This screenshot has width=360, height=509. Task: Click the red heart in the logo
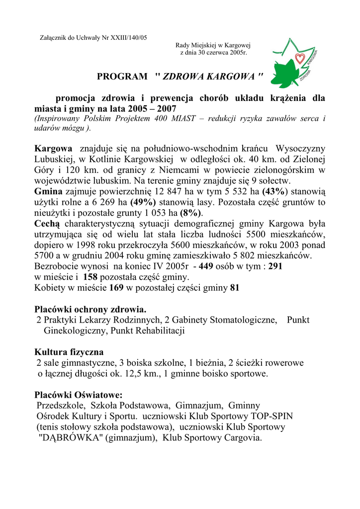point(299,59)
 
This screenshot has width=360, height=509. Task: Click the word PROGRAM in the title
point(122,77)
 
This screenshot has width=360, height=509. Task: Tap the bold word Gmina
point(48,191)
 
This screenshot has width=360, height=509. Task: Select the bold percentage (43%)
point(274,191)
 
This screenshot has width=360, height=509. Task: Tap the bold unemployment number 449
point(205,266)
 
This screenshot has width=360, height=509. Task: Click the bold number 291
point(275,266)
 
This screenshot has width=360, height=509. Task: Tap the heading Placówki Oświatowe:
point(78,395)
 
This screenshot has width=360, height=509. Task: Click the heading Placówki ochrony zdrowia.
point(90,309)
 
